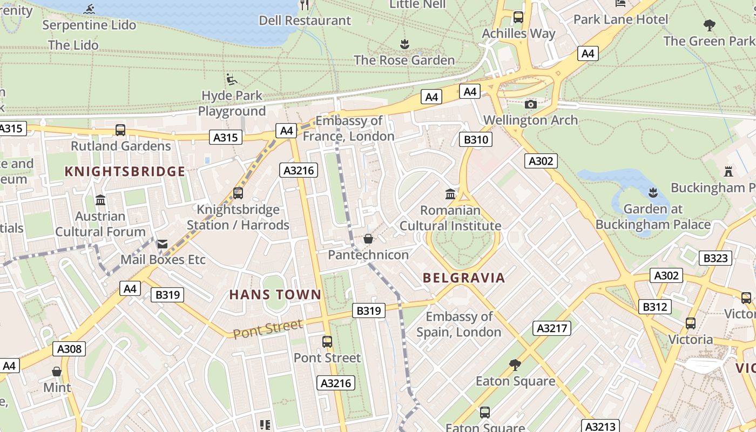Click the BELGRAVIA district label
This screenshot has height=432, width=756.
464,278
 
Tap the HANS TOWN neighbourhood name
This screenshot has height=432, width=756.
275,295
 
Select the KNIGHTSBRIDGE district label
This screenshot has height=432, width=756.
125,172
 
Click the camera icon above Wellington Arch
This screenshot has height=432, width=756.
531,104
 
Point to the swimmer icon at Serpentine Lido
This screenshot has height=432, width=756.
90,9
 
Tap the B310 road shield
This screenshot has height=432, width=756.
476,140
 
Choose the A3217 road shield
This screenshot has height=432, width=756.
552,328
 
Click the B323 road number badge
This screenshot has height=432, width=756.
715,258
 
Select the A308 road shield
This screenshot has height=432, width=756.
70,349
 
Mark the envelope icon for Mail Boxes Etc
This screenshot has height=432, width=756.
163,244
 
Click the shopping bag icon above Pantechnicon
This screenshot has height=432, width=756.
368,239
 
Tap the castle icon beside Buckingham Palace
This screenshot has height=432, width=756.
728,172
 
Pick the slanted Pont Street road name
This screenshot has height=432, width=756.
268,328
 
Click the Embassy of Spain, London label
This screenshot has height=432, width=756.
459,324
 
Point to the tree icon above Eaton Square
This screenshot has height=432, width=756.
515,365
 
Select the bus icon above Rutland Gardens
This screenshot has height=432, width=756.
120,130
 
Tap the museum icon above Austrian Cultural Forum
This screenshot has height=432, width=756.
100,200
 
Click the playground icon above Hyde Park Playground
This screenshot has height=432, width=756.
232,80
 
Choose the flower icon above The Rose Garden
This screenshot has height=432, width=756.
404,44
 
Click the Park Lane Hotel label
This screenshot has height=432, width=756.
620,19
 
